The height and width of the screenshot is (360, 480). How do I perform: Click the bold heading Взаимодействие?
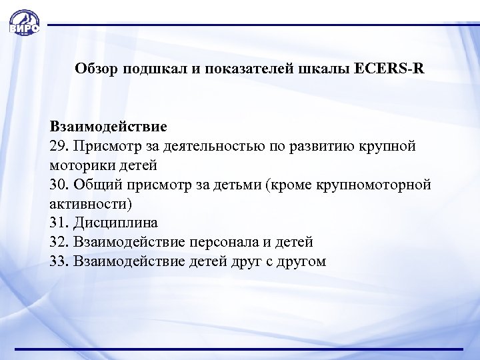[108, 125]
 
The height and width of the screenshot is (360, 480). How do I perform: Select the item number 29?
[57, 145]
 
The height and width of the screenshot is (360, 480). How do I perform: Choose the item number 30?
[57, 183]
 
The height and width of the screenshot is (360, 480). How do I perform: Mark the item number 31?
[57, 222]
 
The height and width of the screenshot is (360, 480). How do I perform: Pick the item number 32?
[57, 241]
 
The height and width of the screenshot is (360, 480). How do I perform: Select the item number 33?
[57, 261]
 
